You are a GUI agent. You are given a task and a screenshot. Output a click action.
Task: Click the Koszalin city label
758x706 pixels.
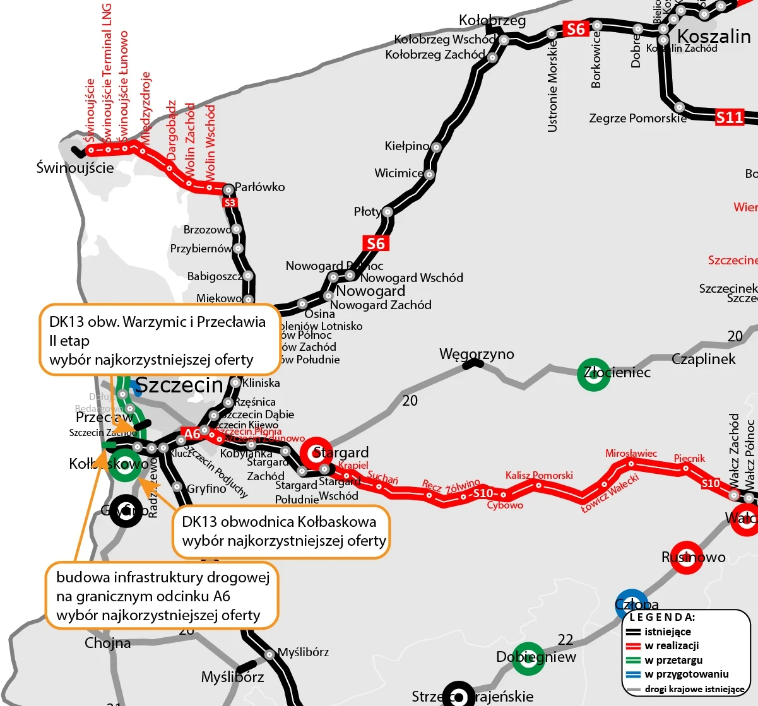pos(714,36)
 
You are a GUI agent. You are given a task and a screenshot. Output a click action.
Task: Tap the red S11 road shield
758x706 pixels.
pos(729,117)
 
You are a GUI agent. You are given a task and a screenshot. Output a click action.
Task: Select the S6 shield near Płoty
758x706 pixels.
pos(375,244)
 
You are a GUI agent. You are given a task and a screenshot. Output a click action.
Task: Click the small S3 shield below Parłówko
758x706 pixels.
pos(230,203)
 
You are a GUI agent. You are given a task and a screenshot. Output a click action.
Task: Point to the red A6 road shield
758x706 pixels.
pos(192,434)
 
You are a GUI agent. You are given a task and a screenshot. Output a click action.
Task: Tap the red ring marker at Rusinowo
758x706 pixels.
pos(686,558)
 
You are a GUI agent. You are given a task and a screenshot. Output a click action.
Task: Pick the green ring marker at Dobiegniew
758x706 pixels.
pos(527,658)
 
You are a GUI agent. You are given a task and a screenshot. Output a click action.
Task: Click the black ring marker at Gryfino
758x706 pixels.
pos(126,510)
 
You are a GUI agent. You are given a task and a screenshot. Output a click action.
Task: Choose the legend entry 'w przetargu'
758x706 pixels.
pos(673,660)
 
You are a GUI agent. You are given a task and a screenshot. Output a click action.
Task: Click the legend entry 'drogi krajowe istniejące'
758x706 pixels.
pos(694,689)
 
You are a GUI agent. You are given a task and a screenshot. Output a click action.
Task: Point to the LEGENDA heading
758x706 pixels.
pos(662,617)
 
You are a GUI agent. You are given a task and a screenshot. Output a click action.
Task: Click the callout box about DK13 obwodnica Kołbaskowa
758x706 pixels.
pos(280,531)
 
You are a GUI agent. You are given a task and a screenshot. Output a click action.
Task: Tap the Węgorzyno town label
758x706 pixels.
pos(477,355)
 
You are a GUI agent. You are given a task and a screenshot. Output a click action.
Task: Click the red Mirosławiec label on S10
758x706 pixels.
pos(631,454)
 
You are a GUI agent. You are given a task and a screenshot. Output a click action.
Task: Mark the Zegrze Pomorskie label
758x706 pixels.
pos(637,118)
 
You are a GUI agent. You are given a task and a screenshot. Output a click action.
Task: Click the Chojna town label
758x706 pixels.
pos(108,643)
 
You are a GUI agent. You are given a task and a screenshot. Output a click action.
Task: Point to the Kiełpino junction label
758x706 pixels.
pos(406,146)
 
